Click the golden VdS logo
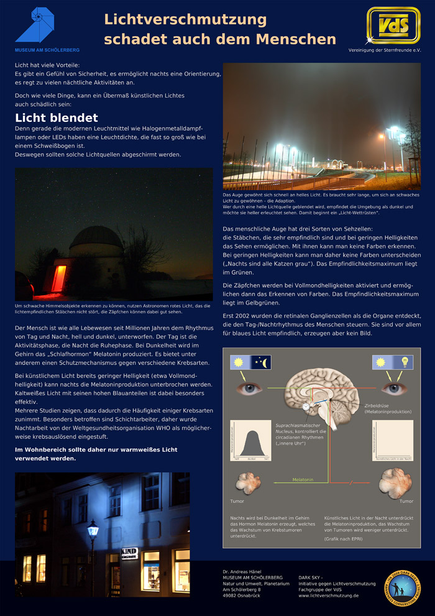click(x=393, y=25)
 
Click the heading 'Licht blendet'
click(x=57, y=117)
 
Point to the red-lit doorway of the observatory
click(x=58, y=278)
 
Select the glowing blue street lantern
click(x=93, y=530)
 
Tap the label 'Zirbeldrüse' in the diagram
click(x=378, y=406)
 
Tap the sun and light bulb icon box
click(x=388, y=362)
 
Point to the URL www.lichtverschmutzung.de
click(x=329, y=595)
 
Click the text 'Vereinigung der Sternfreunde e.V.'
click(x=385, y=50)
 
